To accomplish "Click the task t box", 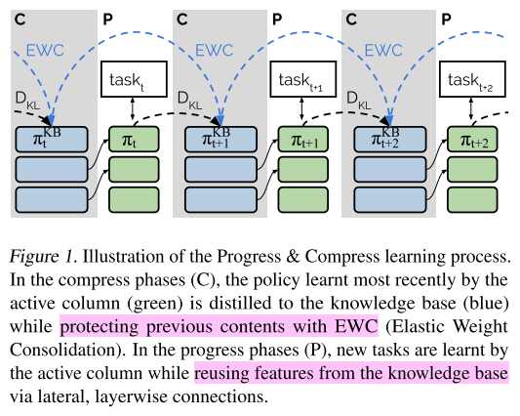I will [135, 79].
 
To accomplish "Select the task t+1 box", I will [304, 79].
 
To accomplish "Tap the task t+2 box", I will [473, 79].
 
